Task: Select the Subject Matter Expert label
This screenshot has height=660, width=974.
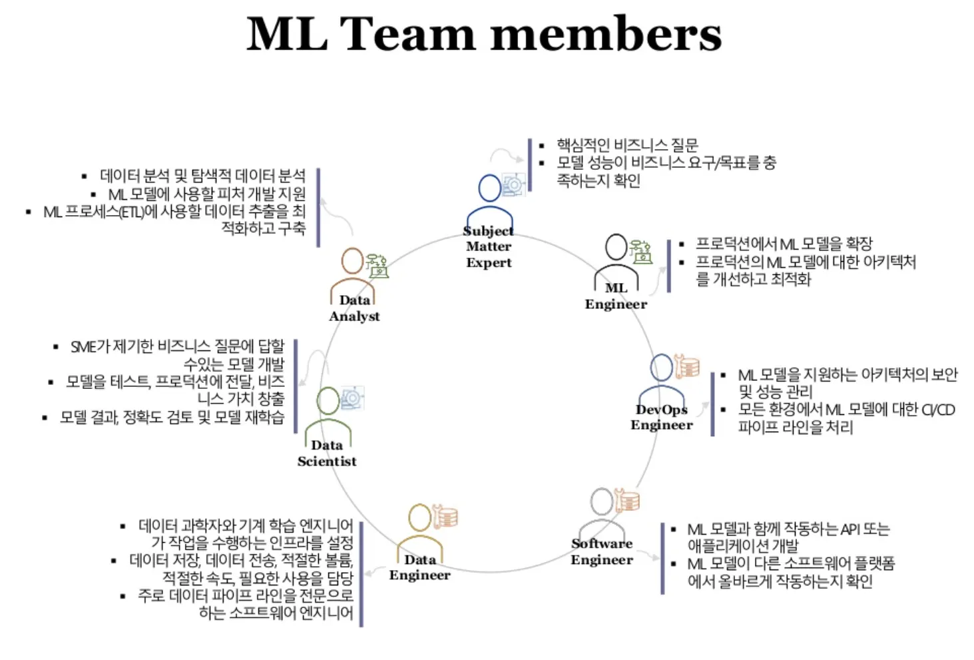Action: [x=489, y=246]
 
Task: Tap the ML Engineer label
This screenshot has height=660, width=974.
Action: [x=616, y=296]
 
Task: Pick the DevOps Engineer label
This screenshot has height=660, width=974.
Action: [x=662, y=417]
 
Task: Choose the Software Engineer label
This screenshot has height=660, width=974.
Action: [x=602, y=551]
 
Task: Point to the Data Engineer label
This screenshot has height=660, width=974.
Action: [x=420, y=567]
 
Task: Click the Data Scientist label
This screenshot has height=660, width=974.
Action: [x=327, y=453]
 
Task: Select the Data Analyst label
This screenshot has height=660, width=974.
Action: [x=354, y=308]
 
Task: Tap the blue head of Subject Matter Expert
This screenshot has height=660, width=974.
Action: [x=490, y=188]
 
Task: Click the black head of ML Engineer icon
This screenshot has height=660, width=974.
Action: [x=616, y=247]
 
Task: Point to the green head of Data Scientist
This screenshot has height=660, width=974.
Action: [x=328, y=400]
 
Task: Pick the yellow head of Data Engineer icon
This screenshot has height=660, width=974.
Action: [x=420, y=517]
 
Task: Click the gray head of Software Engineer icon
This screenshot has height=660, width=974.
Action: [x=602, y=501]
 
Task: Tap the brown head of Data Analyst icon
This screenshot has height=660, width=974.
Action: [x=352, y=261]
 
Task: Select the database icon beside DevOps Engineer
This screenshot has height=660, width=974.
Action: [x=688, y=366]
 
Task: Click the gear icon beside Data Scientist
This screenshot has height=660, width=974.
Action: [x=352, y=398]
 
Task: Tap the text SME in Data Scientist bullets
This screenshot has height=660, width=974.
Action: [x=83, y=346]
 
